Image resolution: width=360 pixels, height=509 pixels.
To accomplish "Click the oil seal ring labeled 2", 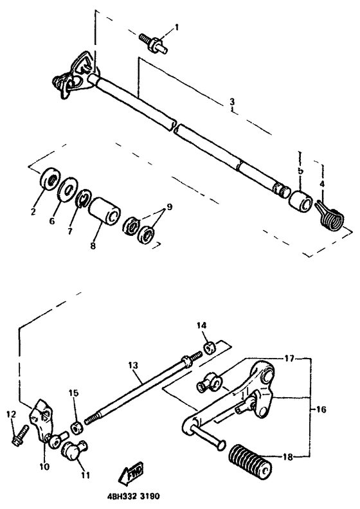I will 47,179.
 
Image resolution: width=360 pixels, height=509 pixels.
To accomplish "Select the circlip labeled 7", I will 82,200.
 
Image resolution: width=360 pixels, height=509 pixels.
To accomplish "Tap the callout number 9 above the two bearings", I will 169,207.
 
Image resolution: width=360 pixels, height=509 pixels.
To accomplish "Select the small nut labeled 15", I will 76,427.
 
